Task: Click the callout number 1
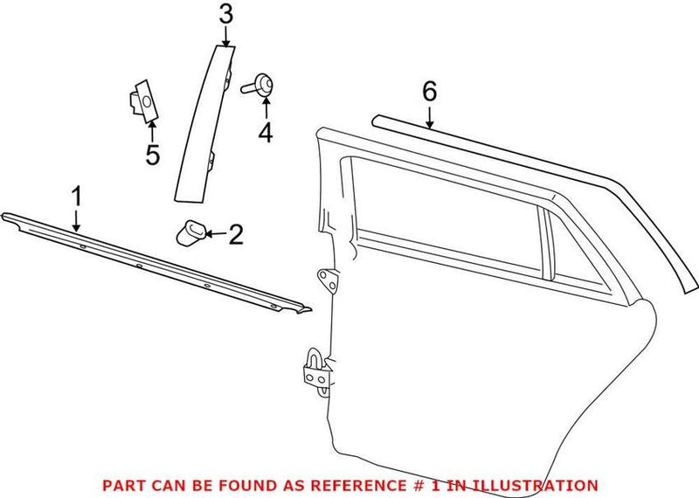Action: point(76,195)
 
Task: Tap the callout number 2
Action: point(236,234)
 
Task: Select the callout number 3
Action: point(225,14)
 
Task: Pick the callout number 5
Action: point(152,156)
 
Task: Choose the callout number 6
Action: point(428,90)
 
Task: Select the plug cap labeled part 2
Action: point(191,232)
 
